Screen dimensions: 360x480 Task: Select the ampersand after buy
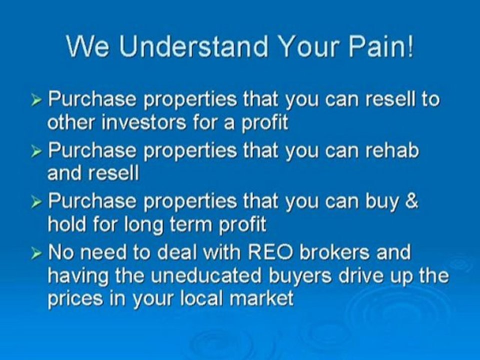coord(410,200)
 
